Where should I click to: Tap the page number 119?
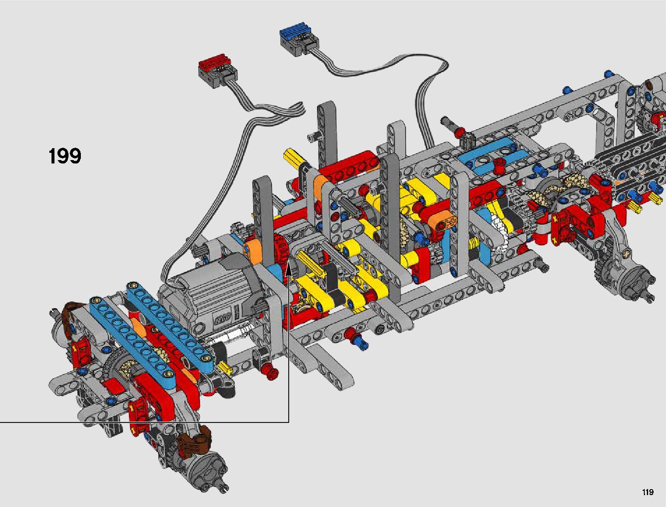tap(648, 492)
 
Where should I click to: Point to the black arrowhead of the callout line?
tap(289, 268)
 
